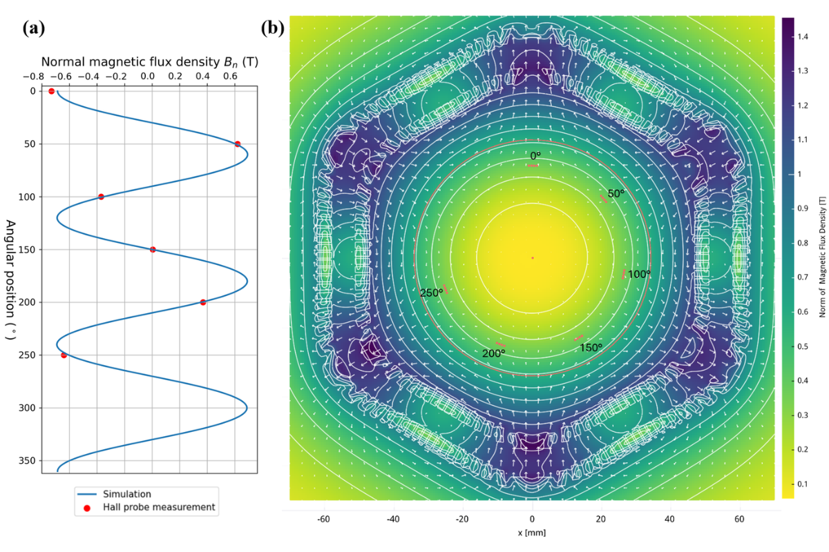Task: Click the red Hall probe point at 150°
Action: tap(153, 250)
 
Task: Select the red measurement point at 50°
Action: tap(238, 144)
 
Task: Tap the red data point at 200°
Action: tap(203, 302)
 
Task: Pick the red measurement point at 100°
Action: tap(101, 197)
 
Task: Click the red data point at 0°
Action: tap(51, 91)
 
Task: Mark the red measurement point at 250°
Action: tap(64, 355)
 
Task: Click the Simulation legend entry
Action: tap(127, 494)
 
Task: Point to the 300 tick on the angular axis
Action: tap(28, 408)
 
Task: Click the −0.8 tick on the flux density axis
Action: tap(33, 77)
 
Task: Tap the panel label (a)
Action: tap(34, 28)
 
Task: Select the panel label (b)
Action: tap(273, 28)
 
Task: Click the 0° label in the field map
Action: tap(535, 156)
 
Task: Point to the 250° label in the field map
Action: tap(432, 293)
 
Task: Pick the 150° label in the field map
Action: tap(591, 348)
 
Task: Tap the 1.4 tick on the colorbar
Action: tap(803, 37)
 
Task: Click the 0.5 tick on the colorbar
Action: tap(803, 346)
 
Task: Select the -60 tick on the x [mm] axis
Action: tap(323, 519)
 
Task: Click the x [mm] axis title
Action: tap(532, 533)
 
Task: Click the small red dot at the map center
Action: tap(533, 257)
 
